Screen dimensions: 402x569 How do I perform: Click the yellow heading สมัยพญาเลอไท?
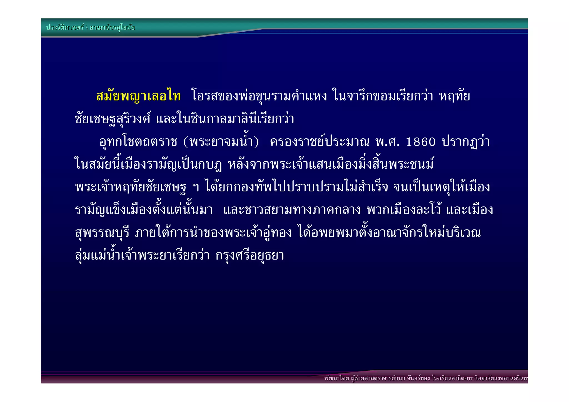click(138, 96)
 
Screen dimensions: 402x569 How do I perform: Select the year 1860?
click(421, 142)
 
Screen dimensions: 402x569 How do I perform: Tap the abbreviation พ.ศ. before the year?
click(387, 142)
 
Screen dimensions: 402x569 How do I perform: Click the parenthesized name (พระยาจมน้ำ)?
click(221, 142)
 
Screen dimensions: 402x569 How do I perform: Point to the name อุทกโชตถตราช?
click(138, 142)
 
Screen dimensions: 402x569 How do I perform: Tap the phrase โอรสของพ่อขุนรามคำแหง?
click(259, 96)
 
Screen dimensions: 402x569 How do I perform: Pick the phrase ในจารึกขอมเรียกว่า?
click(383, 96)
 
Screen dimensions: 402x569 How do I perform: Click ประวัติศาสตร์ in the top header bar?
click(65, 28)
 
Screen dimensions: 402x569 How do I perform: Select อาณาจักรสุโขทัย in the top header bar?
click(112, 28)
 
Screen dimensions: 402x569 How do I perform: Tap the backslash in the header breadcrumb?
click(87, 28)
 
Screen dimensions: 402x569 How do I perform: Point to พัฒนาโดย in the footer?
click(336, 378)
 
